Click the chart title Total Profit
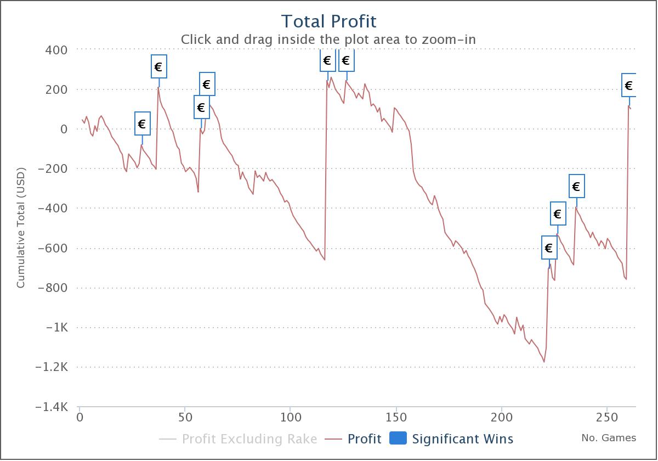click(328, 21)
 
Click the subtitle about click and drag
click(328, 40)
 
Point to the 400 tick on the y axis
click(56, 50)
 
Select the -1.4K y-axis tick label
click(51, 407)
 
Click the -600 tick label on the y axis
click(53, 248)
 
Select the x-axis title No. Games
click(609, 438)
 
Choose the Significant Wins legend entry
click(462, 439)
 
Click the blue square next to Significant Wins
click(398, 438)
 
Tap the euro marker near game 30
click(142, 124)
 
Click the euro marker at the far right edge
click(629, 86)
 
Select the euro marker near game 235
click(576, 187)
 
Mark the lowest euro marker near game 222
click(549, 248)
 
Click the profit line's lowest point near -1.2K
click(544, 362)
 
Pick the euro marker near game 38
click(158, 67)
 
